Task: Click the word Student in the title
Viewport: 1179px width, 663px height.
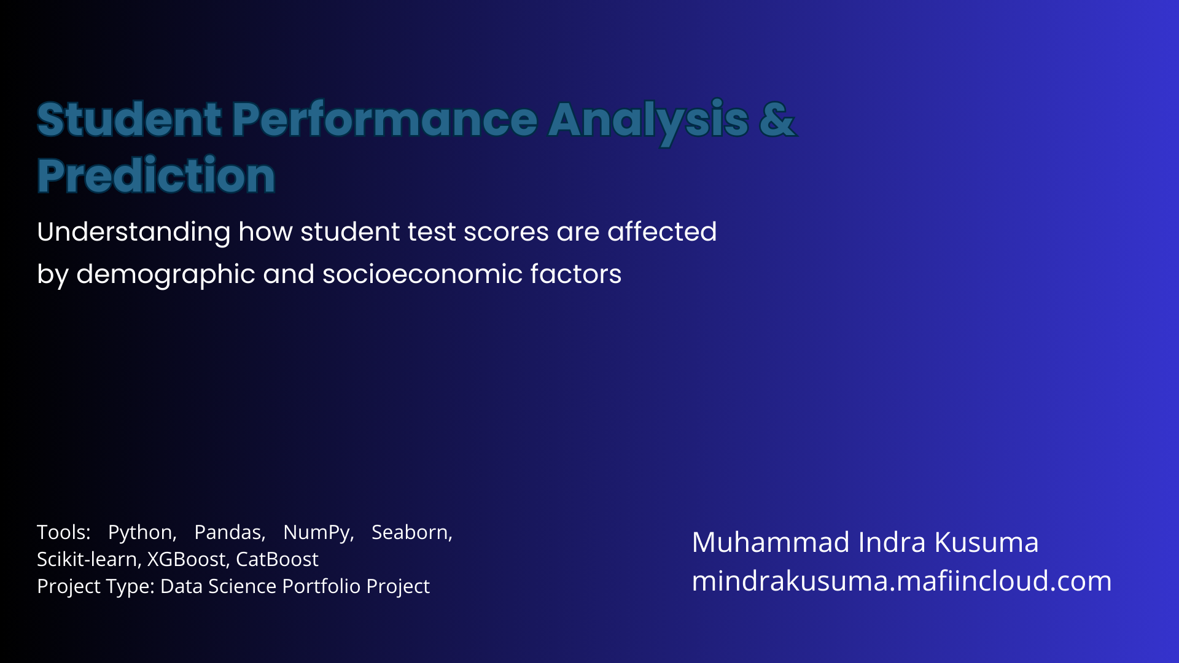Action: [x=129, y=119]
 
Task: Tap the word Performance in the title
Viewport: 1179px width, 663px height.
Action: [x=385, y=119]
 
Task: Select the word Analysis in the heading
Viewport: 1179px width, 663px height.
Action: [x=648, y=122]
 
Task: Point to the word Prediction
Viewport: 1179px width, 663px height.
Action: [x=156, y=176]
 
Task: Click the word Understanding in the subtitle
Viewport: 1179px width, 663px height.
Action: [x=134, y=233]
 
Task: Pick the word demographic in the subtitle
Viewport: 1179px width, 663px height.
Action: [x=166, y=274]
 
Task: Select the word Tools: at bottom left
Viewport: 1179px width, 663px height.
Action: [x=64, y=532]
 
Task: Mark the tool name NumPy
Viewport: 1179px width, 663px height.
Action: [x=319, y=533]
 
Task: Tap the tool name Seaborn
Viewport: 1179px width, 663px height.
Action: [x=412, y=532]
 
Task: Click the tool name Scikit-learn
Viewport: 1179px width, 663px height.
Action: [x=90, y=559]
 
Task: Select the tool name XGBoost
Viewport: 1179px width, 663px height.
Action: [x=189, y=559]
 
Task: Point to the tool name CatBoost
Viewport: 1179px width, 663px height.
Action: [x=277, y=559]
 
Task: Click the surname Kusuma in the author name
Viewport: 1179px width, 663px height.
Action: [x=986, y=542]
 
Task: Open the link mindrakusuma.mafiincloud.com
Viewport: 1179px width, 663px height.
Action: [x=902, y=581]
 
